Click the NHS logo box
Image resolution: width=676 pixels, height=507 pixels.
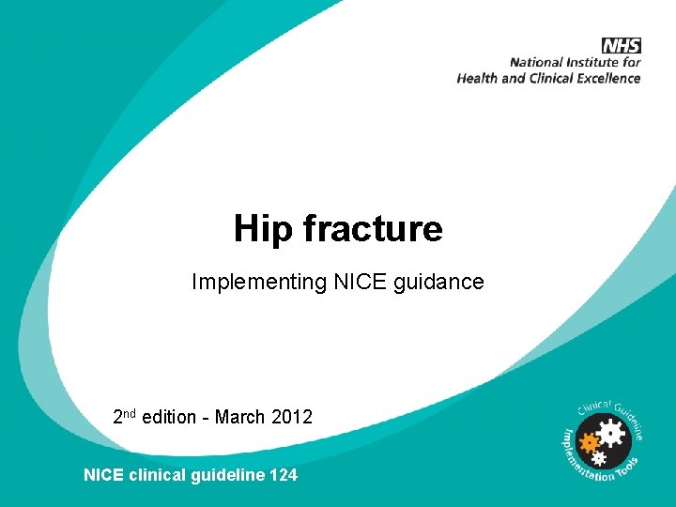pyautogui.click(x=621, y=45)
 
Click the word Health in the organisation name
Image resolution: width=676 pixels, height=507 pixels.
pyautogui.click(x=478, y=79)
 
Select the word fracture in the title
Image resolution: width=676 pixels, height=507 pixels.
pyautogui.click(x=367, y=228)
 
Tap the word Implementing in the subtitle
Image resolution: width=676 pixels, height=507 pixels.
pyautogui.click(x=259, y=282)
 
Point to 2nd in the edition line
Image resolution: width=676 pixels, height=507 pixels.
pyautogui.click(x=124, y=416)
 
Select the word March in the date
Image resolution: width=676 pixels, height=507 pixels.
pyautogui.click(x=239, y=417)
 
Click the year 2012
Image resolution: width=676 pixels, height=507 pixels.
pyautogui.click(x=291, y=417)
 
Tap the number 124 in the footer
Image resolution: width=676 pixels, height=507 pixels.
pyautogui.click(x=283, y=475)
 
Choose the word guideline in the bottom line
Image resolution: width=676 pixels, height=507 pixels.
pyautogui.click(x=224, y=475)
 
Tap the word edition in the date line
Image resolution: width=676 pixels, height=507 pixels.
pyautogui.click(x=169, y=417)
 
